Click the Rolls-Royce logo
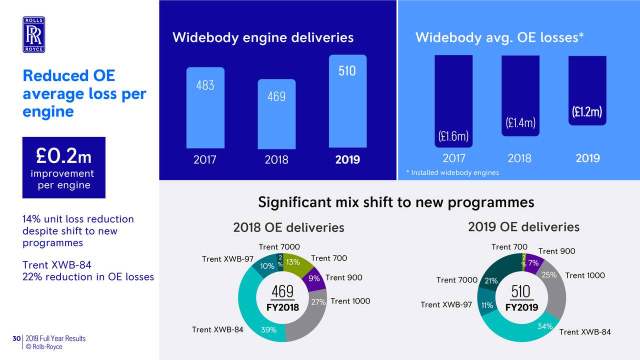(x=33, y=34)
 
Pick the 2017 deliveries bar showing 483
(x=205, y=107)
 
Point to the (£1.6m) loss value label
(x=453, y=136)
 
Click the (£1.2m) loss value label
(x=587, y=112)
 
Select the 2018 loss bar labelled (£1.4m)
(x=520, y=95)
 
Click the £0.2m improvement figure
(x=63, y=157)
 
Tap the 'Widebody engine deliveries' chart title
(x=263, y=37)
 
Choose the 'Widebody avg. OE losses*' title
(x=499, y=37)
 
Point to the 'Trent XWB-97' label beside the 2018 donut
(x=227, y=259)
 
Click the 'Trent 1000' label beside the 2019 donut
(x=585, y=275)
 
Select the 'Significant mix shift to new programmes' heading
(x=396, y=202)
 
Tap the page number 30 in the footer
(x=16, y=339)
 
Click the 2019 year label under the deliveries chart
(x=347, y=160)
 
